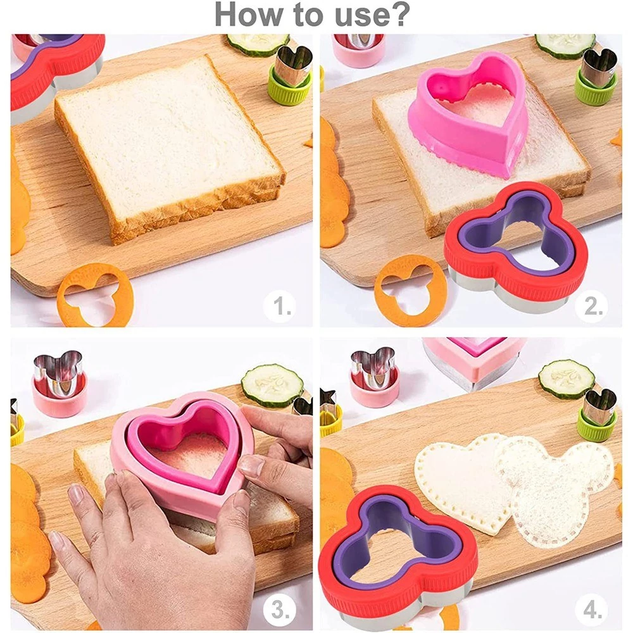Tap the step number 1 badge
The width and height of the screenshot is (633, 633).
click(x=280, y=306)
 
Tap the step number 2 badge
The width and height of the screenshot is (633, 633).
click(x=592, y=306)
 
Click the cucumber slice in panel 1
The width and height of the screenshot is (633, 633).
click(x=258, y=44)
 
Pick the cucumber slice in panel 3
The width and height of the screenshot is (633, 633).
click(x=272, y=385)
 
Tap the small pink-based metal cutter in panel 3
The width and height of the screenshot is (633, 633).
click(x=60, y=384)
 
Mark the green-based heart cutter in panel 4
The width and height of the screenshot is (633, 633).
click(x=598, y=417)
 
